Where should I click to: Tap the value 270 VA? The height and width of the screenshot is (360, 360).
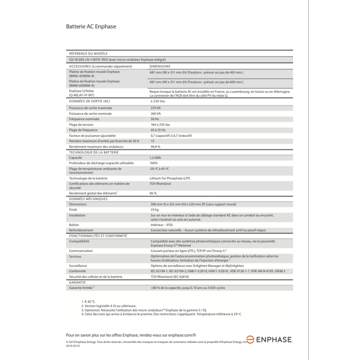pyautogui.click(x=155, y=108)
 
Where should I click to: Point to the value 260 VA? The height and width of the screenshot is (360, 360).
pyautogui.click(x=155, y=114)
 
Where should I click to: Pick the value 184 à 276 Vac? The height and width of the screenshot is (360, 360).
pyautogui.click(x=160, y=125)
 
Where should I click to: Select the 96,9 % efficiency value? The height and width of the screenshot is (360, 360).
pyautogui.click(x=155, y=147)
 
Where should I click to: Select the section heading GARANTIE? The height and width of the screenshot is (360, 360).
pyautogui.click(x=77, y=282)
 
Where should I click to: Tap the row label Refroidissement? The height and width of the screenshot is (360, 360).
pyautogui.click(x=81, y=230)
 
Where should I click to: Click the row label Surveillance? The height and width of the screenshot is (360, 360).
pyautogui.click(x=78, y=266)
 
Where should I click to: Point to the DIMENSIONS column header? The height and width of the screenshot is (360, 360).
pyautogui.click(x=160, y=66)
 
